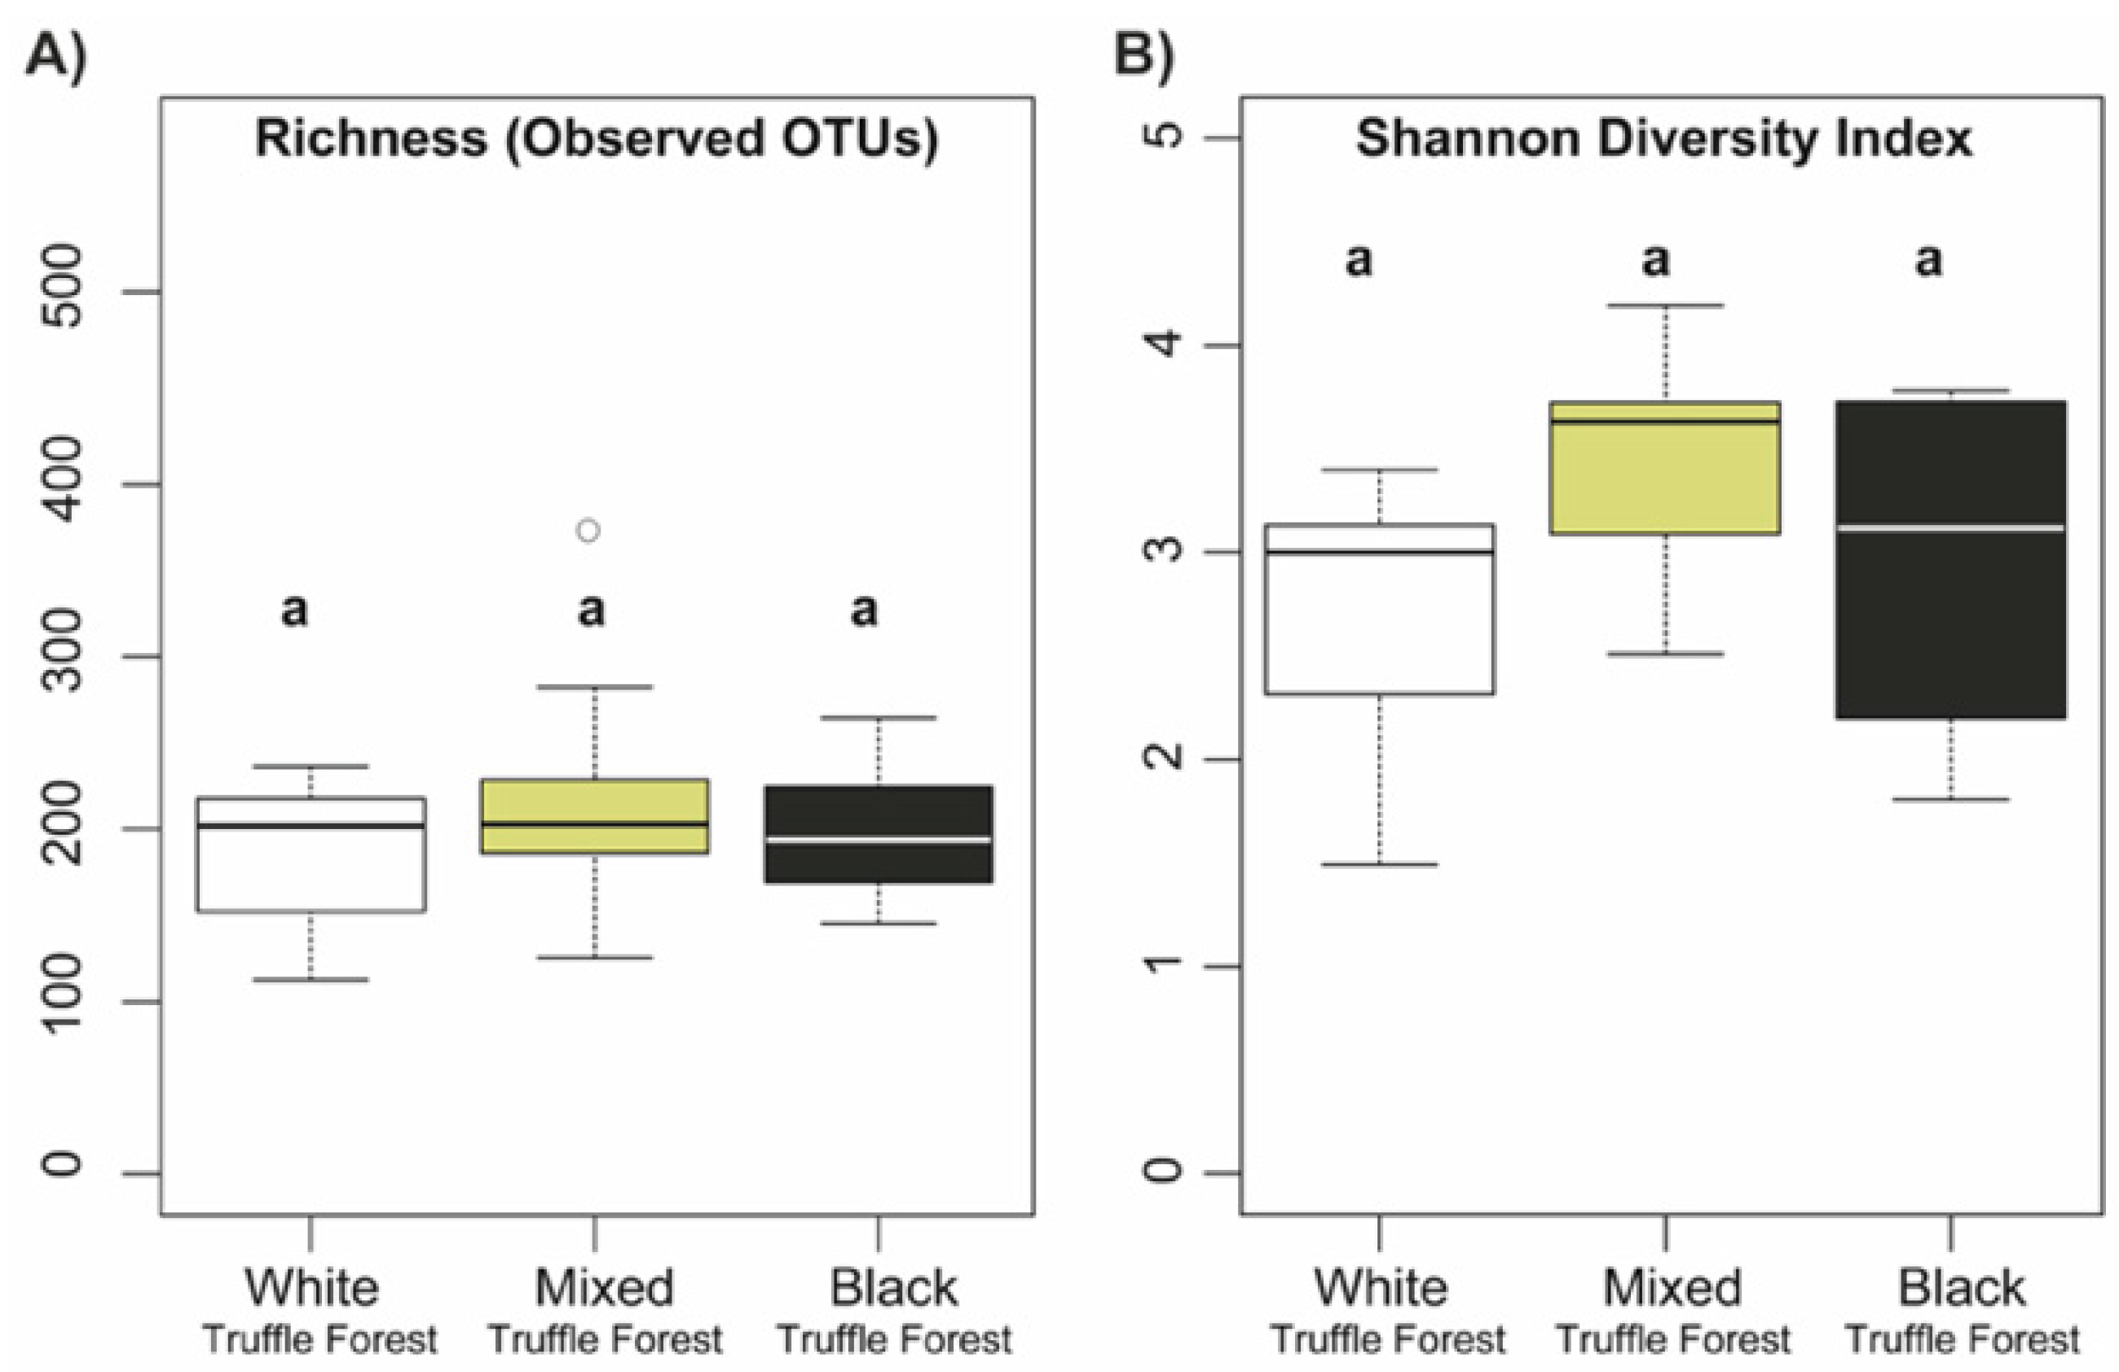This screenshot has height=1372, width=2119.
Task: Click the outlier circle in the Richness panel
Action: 588,531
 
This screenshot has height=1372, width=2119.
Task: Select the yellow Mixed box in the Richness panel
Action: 595,816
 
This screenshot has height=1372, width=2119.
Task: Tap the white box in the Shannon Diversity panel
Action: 1379,609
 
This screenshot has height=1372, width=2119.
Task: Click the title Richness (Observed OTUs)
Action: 597,139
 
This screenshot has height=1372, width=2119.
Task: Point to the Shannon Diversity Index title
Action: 1664,139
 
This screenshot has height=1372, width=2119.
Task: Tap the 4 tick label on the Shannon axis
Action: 1162,345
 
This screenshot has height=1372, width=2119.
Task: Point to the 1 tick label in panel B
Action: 1162,966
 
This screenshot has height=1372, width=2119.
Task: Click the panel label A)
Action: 56,57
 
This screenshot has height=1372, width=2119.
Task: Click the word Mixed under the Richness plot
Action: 604,1287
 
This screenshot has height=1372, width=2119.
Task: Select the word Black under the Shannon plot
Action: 1962,1287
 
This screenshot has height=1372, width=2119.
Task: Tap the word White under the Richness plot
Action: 311,1287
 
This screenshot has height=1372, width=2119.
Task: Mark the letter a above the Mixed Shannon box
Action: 1655,260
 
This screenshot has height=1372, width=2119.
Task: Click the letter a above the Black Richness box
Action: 864,611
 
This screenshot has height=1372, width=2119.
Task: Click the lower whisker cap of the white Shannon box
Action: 1379,863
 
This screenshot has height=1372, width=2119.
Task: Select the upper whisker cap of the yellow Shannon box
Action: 1665,306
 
